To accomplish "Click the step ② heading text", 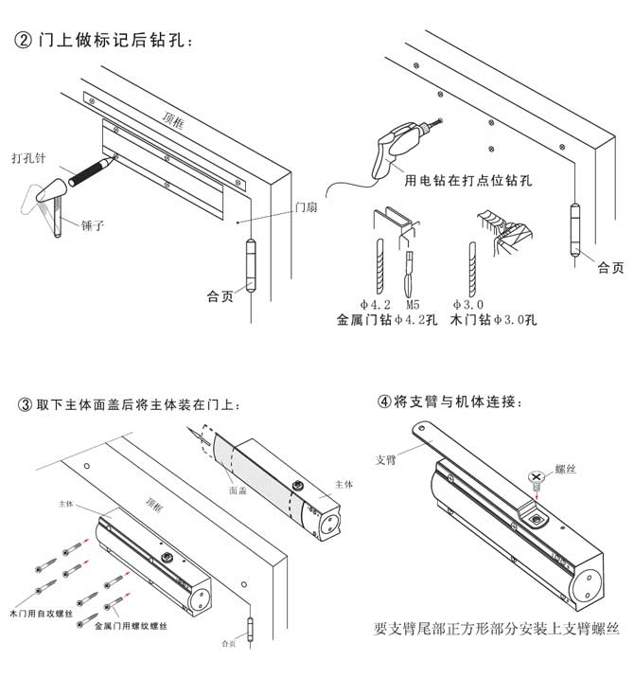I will pos(105,41).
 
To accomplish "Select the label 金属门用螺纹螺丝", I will pos(132,626).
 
